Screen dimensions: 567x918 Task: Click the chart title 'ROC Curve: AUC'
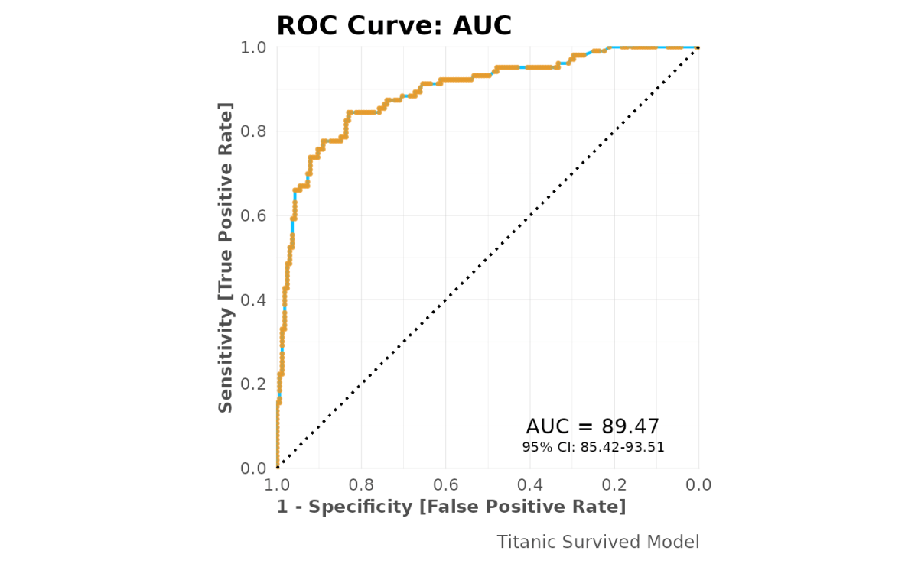click(393, 26)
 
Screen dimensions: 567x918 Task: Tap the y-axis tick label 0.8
click(254, 131)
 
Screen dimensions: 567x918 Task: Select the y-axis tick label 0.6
click(254, 215)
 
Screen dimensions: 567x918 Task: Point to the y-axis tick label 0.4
click(254, 300)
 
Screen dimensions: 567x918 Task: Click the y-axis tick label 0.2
click(254, 384)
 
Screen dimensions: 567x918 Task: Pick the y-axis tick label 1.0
click(254, 47)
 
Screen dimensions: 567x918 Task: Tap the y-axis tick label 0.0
click(254, 468)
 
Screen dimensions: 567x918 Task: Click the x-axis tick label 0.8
click(361, 485)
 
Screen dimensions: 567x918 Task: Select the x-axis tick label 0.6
click(445, 485)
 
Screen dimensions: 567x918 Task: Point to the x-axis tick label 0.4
click(530, 485)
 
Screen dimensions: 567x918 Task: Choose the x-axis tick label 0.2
click(614, 485)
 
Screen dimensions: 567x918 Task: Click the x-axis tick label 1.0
click(277, 485)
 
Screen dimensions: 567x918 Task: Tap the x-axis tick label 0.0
click(698, 485)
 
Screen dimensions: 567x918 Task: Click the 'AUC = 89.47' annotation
click(593, 427)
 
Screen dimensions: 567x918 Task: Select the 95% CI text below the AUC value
click(593, 447)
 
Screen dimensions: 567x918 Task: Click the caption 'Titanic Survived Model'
click(598, 542)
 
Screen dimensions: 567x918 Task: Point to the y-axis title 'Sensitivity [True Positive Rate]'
click(226, 257)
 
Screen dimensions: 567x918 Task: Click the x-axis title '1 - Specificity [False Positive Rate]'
click(451, 507)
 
